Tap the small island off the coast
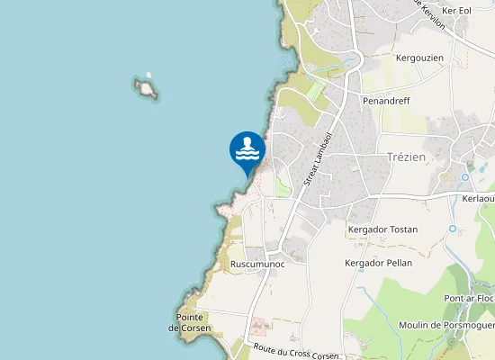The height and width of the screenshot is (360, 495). coord(146,87)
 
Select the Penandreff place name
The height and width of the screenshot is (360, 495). coord(386,102)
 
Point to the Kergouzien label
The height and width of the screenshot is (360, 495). coord(419,58)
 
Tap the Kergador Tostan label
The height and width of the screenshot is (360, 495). coord(382,229)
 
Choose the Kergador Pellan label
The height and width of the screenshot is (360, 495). coord(378,263)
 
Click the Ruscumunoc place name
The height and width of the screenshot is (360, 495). coord(257,264)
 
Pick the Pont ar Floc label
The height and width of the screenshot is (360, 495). coord(469,298)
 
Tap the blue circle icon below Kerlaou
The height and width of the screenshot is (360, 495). coord(454,229)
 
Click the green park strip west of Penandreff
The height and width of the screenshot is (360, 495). coord(314,91)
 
